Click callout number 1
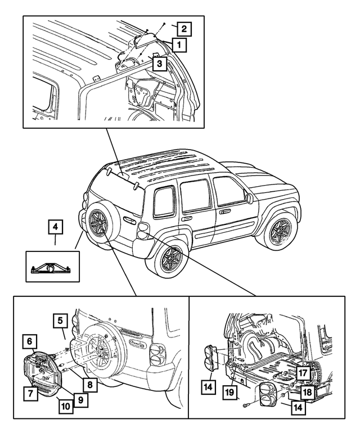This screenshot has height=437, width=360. (x=179, y=43)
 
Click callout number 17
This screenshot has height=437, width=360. (x=302, y=372)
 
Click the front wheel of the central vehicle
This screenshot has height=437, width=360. (x=277, y=231)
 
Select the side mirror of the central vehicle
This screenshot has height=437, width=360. (x=248, y=198)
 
